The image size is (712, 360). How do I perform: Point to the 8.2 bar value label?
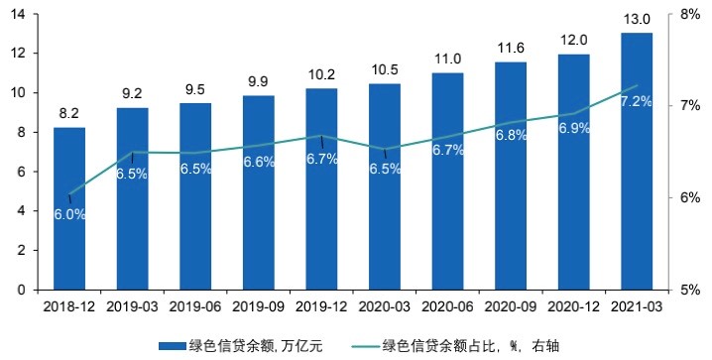point(69,114)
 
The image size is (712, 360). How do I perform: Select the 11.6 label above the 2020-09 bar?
point(511,48)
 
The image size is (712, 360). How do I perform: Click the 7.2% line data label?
point(635,103)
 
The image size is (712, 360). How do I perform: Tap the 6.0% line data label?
point(69,214)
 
